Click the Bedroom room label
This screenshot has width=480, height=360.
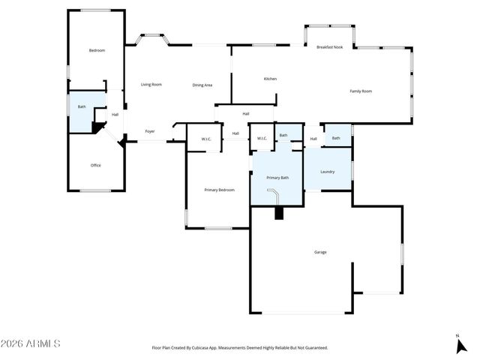click(x=97, y=50)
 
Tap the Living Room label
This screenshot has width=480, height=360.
click(x=151, y=84)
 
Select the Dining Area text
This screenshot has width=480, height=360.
click(x=202, y=85)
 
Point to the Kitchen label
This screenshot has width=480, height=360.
click(x=271, y=79)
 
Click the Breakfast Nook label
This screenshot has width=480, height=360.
click(x=330, y=46)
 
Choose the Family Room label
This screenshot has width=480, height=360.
click(x=361, y=91)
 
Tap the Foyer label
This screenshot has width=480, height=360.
click(x=150, y=131)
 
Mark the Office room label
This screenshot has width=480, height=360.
click(x=96, y=165)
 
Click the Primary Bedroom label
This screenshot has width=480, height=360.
click(x=220, y=190)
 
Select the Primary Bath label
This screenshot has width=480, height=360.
click(x=277, y=177)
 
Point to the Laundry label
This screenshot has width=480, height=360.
click(x=328, y=172)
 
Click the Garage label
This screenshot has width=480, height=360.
click(x=320, y=252)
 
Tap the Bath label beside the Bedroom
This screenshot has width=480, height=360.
click(x=82, y=106)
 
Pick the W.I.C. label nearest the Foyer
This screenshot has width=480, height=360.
click(x=205, y=138)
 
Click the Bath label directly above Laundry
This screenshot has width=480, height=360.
click(x=336, y=138)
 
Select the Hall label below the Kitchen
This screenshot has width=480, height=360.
click(x=246, y=113)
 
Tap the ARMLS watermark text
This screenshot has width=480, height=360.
click(x=31, y=343)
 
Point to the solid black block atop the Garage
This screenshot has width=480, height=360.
click(x=280, y=213)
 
